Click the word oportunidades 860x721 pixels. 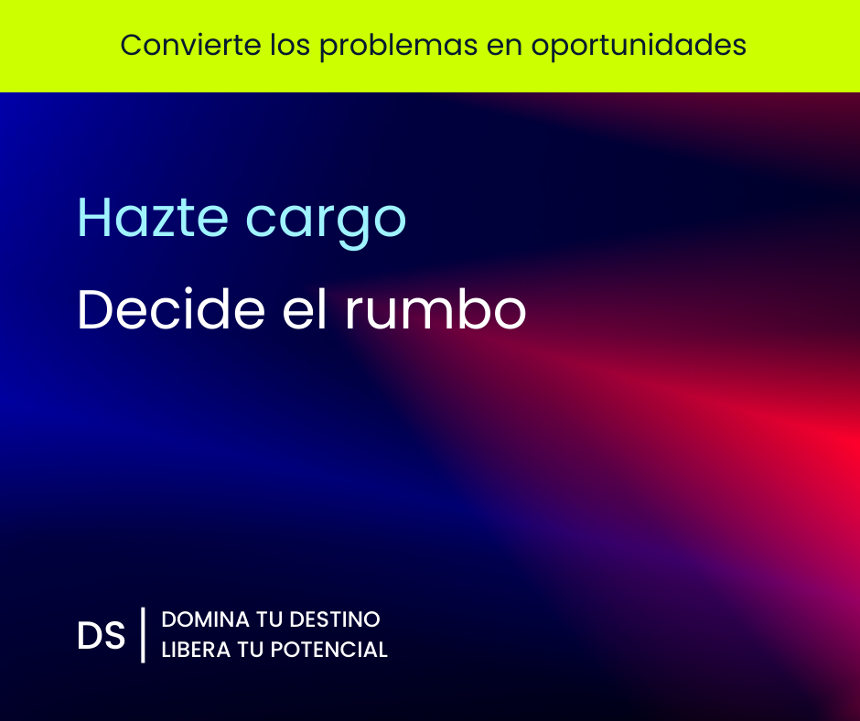pyautogui.click(x=639, y=46)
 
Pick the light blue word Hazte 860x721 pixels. pyautogui.click(x=153, y=217)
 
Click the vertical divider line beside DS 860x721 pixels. pyautogui.click(x=143, y=635)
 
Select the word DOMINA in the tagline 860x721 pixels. pyautogui.click(x=206, y=619)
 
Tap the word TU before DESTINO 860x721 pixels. pyautogui.click(x=269, y=619)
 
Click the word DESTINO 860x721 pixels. pyautogui.click(x=335, y=619)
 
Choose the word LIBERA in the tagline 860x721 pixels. pyautogui.click(x=196, y=650)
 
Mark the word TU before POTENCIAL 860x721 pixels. pyautogui.click(x=251, y=650)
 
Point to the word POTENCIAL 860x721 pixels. pyautogui.click(x=329, y=650)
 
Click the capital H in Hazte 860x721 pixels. pyautogui.click(x=91, y=217)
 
